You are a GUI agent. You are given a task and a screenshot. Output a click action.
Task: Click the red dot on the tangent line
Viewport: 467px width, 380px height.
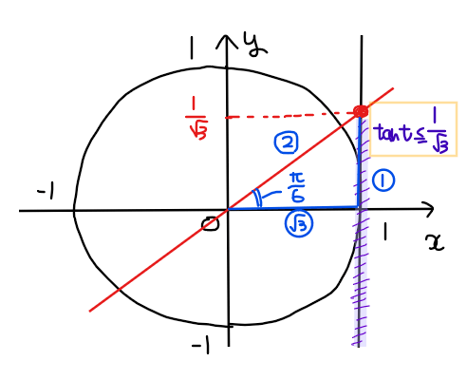coord(361,111)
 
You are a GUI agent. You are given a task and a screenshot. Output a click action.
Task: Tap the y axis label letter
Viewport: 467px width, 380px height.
coord(254,46)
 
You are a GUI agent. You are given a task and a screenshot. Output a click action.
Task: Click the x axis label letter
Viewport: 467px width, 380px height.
coord(436,242)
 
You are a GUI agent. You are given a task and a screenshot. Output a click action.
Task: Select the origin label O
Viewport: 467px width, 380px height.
coord(211,224)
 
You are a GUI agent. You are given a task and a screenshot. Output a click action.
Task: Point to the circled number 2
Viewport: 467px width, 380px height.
coord(286,143)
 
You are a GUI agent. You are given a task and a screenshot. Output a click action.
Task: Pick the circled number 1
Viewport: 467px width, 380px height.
coord(383,180)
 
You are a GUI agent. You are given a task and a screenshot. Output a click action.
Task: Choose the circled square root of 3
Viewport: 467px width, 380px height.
coord(299,224)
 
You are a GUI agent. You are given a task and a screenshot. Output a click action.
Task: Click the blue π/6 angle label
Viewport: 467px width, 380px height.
coord(296,188)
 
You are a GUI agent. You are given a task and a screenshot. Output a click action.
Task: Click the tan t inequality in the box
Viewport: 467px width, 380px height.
coord(412,131)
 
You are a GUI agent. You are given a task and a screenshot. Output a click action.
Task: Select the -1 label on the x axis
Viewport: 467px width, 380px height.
coord(47,191)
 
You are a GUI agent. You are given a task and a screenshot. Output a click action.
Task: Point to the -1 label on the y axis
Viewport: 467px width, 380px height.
coord(200,345)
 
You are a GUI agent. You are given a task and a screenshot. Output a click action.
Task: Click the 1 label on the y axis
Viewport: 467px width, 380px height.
coord(192,47)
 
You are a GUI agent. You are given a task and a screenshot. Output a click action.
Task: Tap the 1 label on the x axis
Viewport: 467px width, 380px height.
coord(384,231)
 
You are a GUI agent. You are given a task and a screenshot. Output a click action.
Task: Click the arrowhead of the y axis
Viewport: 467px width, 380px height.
coord(227,42)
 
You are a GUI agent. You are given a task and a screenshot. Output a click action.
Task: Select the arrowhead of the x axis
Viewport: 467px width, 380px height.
coord(428,209)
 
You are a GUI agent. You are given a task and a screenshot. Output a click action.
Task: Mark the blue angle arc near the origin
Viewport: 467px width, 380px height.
coord(258,198)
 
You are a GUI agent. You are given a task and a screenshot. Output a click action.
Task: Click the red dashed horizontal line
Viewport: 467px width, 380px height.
coord(290,116)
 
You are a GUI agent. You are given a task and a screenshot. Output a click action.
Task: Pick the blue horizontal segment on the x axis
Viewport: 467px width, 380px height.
coord(293,208)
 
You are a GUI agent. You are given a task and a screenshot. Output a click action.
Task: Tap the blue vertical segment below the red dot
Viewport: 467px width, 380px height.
coord(359,162)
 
